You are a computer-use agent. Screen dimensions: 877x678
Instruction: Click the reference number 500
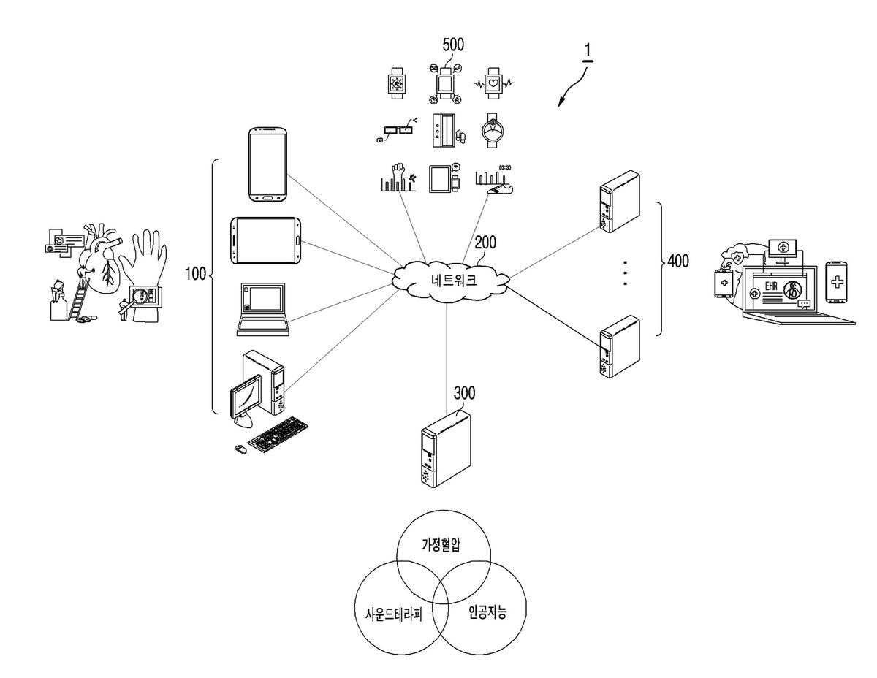[x=453, y=45]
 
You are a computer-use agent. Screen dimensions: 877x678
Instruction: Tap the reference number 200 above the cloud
[x=485, y=243]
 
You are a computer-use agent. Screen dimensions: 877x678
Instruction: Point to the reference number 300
[x=464, y=393]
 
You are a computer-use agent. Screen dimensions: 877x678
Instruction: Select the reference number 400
[x=678, y=262]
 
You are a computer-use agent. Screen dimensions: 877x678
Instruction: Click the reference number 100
[x=196, y=273]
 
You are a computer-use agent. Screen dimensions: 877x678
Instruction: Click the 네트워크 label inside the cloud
[x=453, y=280]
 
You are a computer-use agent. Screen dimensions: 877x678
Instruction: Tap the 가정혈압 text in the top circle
[x=441, y=545]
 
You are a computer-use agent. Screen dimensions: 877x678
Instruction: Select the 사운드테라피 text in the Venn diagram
[x=394, y=614]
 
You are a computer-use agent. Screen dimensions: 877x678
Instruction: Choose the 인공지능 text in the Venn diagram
[x=487, y=612]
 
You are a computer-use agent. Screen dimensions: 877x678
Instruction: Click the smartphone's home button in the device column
[x=268, y=198]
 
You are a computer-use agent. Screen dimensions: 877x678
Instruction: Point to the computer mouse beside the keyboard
[x=240, y=449]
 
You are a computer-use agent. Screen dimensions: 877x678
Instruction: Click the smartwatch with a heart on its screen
[x=494, y=84]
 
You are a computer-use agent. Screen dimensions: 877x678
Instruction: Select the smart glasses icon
[x=396, y=129]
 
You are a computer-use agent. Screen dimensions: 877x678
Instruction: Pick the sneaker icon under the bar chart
[x=501, y=188]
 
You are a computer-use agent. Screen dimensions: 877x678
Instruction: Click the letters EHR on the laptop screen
[x=771, y=286]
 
